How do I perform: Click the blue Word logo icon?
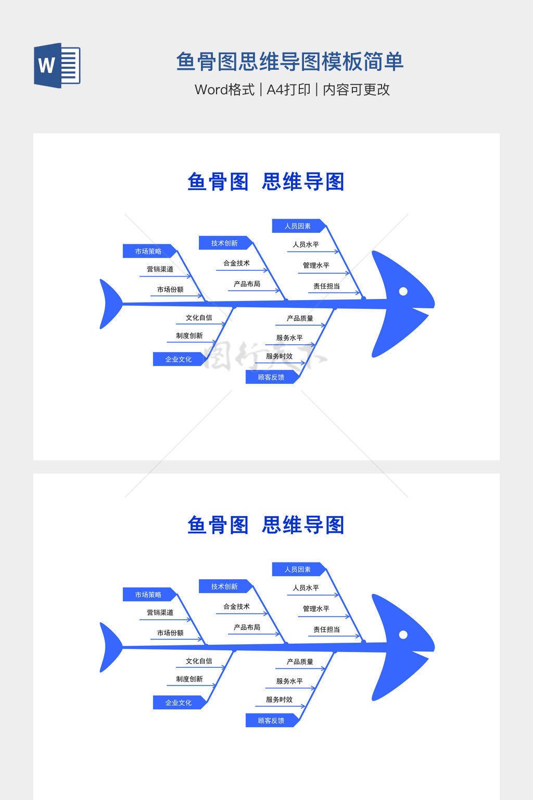tap(57, 66)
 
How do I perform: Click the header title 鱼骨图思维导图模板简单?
tap(289, 61)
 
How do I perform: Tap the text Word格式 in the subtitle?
tap(224, 90)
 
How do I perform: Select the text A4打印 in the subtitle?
tap(288, 90)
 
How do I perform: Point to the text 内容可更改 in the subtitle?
tap(356, 90)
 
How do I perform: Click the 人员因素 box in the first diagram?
tap(298, 226)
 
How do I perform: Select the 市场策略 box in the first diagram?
tap(148, 251)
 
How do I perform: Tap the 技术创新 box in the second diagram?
tap(224, 586)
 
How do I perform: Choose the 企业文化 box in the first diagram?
tap(179, 359)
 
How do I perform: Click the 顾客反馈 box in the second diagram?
tap(271, 721)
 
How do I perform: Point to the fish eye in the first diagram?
tap(403, 291)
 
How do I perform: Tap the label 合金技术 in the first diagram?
tap(236, 263)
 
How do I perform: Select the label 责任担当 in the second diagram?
tap(326, 629)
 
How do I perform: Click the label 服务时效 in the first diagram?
tap(279, 356)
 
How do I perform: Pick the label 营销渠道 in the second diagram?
tap(160, 612)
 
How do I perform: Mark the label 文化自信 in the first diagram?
tap(199, 318)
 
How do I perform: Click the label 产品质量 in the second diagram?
tap(300, 661)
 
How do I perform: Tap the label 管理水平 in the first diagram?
tap(316, 265)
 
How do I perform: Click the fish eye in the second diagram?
tap(403, 634)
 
